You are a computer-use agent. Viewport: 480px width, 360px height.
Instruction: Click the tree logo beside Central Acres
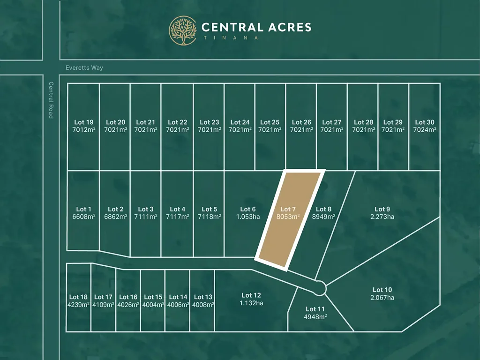[183, 30]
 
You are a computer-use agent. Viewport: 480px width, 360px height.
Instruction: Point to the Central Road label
[51, 100]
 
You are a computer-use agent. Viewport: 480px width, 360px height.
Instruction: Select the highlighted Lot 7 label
[288, 209]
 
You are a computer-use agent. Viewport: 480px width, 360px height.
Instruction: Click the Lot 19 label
[83, 122]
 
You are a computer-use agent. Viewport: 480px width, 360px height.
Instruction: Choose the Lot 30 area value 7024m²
[425, 130]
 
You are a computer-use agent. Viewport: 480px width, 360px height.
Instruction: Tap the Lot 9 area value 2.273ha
[382, 217]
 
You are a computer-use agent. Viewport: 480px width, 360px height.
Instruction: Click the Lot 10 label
[382, 290]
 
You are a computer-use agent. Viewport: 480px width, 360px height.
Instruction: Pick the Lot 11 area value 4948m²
[315, 316]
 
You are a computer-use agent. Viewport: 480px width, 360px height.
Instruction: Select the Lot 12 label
[251, 295]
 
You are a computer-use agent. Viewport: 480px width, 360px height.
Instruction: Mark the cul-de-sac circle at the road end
[320, 288]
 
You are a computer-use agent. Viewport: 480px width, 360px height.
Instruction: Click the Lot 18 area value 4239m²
[78, 305]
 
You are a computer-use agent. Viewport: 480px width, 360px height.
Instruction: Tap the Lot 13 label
[203, 297]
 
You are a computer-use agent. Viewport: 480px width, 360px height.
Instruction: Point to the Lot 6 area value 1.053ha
[248, 217]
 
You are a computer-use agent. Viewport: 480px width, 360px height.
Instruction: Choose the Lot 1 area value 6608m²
[83, 217]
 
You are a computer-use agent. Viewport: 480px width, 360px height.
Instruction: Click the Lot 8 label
[323, 209]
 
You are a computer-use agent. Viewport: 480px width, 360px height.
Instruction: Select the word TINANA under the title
[230, 38]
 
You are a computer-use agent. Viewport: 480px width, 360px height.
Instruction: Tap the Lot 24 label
[240, 122]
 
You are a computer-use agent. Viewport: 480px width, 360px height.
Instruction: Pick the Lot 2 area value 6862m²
[115, 217]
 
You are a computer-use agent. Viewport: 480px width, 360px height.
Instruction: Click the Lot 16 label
[128, 297]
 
